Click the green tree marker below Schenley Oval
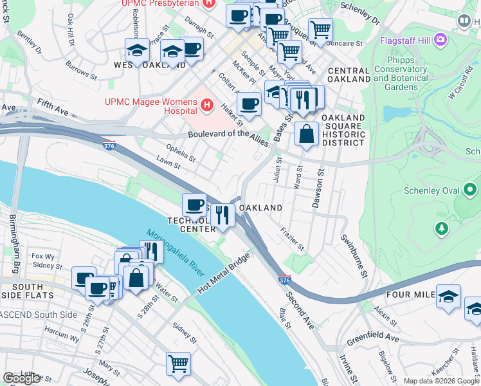pyautogui.click(x=441, y=228)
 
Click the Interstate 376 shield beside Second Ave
pyautogui.click(x=284, y=281)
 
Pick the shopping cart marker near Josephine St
pyautogui.click(x=178, y=363)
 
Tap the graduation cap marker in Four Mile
pyautogui.click(x=448, y=296)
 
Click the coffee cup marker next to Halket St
pyautogui.click(x=249, y=104)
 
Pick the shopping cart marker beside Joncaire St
pyautogui.click(x=320, y=29)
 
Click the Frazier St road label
pyautogui.click(x=292, y=239)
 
